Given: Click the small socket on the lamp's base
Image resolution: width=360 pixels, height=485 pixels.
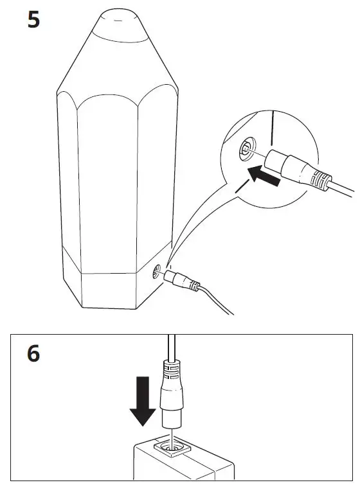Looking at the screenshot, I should click(x=157, y=272).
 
